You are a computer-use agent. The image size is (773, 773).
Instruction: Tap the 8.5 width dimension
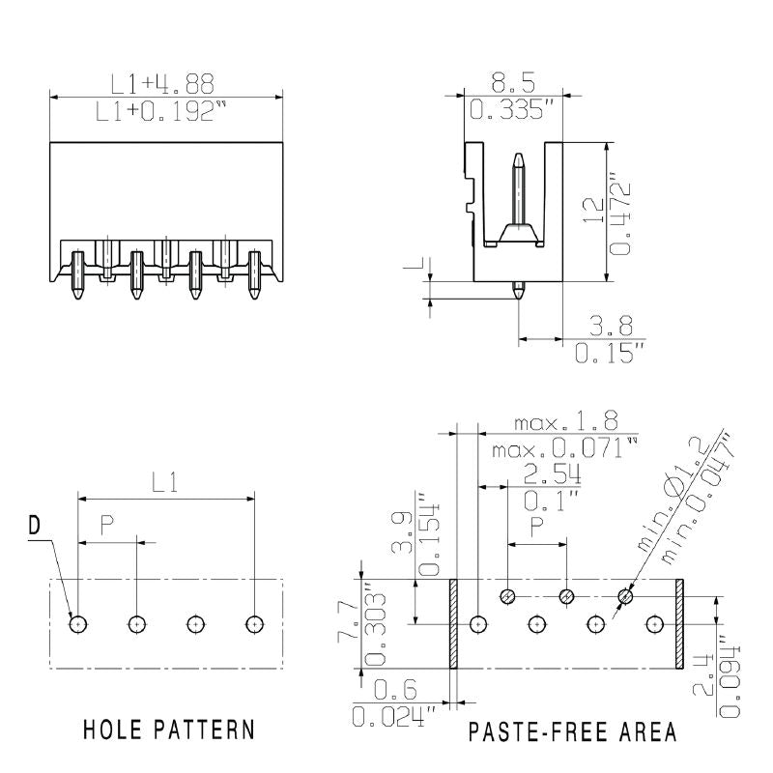click(x=512, y=80)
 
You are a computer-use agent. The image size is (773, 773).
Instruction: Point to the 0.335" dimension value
click(x=512, y=110)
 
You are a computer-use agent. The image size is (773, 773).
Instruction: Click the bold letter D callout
click(x=35, y=526)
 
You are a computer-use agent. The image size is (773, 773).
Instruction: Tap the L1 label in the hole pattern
click(x=166, y=482)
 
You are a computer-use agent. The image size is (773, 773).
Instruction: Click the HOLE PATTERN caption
click(x=169, y=730)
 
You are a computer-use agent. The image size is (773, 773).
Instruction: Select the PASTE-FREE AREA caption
click(x=572, y=731)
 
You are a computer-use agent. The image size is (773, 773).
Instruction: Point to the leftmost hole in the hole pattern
click(x=77, y=624)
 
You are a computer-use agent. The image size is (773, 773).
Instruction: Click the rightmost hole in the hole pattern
click(x=254, y=624)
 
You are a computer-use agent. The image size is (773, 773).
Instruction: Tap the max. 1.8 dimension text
click(x=563, y=423)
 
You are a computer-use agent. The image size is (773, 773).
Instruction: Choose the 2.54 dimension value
click(x=551, y=473)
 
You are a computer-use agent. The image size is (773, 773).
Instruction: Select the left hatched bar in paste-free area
click(x=452, y=624)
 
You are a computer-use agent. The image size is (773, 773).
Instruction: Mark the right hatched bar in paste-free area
click(x=679, y=624)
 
